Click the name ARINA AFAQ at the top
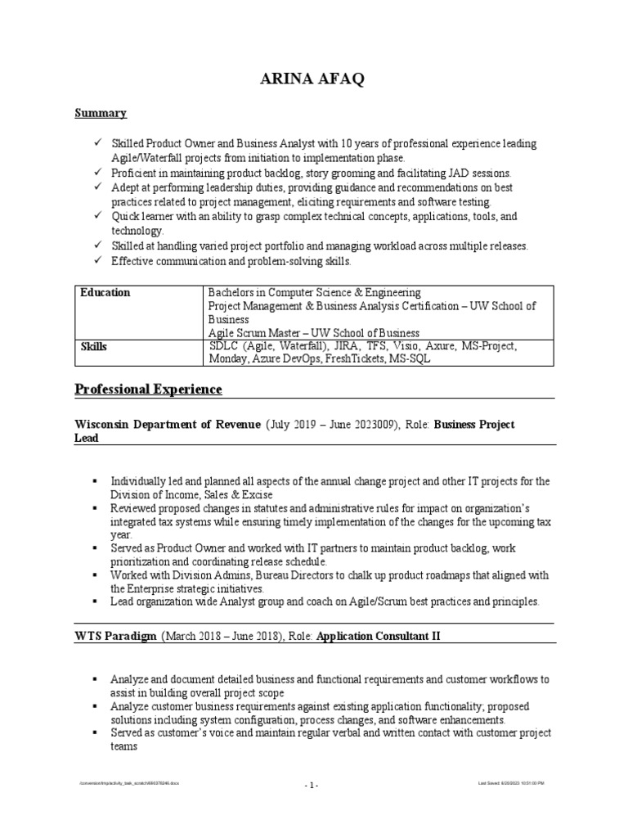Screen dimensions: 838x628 coord(313,79)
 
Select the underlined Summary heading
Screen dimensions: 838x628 coord(101,113)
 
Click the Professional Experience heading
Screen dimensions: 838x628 coord(148,389)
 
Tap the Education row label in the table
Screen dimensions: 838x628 coord(105,292)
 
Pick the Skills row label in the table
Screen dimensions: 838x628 coord(94,347)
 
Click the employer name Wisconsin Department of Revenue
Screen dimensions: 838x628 coord(168,425)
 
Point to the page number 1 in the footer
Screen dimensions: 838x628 coord(312,786)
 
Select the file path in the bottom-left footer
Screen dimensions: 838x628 coord(128,783)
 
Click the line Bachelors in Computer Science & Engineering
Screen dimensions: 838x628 coord(314,292)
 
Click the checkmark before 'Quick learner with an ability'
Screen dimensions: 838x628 coord(97,217)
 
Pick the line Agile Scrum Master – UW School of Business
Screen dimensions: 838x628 coord(313,333)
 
